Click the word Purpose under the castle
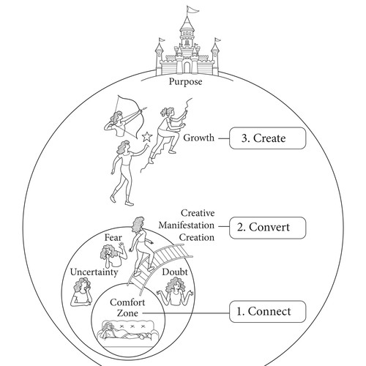point(185,82)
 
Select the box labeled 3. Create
point(267,138)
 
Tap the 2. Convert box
point(267,228)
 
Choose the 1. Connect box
point(267,312)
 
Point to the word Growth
point(198,138)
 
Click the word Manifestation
point(187,225)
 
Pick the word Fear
point(113,237)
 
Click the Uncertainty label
point(94,272)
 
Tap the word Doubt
point(175,272)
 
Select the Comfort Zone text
point(127,307)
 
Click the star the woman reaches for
point(147,137)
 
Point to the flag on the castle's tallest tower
point(193,10)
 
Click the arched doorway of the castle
point(187,67)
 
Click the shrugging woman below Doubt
point(175,291)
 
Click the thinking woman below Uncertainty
point(81,292)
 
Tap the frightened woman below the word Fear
point(113,255)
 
